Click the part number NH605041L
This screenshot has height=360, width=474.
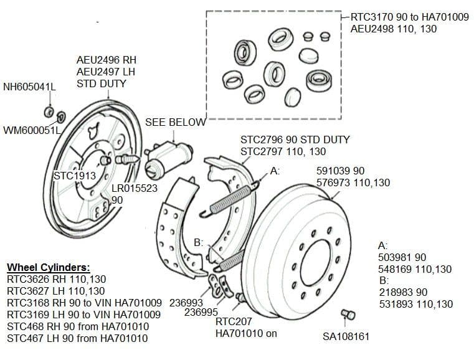click(29, 87)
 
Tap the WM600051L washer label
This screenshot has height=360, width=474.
click(32, 130)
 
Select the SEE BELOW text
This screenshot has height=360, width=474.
click(175, 122)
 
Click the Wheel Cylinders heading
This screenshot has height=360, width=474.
click(48, 268)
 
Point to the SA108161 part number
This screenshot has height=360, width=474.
click(346, 337)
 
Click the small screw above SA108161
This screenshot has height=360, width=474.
click(351, 315)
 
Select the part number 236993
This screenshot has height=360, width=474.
click(186, 302)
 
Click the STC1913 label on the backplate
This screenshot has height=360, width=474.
click(75, 176)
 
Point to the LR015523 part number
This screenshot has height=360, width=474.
click(135, 187)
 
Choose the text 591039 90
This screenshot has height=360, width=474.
click(341, 171)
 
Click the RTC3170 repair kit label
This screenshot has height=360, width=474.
click(410, 17)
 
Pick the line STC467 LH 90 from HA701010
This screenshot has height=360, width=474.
click(77, 338)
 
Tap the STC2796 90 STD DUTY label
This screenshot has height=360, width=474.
click(295, 140)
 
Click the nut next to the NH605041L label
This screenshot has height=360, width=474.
click(49, 112)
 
